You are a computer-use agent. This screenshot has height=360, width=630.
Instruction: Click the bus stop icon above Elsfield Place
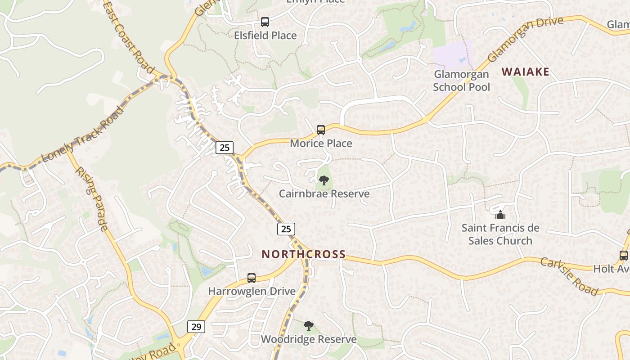265,22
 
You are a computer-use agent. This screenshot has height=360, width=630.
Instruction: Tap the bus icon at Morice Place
321,130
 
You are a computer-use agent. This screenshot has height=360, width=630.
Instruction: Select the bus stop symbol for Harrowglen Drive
252,278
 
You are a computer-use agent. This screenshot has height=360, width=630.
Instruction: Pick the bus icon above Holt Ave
624,256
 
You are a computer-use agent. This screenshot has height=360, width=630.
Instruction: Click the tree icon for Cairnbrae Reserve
324,181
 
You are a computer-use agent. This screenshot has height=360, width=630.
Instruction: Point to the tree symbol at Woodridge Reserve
308,326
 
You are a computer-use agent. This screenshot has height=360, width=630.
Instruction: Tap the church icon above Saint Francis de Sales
500,215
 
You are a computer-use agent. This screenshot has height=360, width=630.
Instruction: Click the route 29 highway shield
196,327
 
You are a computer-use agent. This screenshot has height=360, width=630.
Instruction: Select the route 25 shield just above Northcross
286,229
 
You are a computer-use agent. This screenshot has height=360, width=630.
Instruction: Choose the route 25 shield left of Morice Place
225,147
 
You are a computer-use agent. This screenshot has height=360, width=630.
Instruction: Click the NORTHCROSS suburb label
304,254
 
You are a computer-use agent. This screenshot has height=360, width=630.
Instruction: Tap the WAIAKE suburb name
526,72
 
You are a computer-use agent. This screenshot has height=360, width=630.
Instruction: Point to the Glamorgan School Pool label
461,81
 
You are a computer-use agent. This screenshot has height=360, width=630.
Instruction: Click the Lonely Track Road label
83,135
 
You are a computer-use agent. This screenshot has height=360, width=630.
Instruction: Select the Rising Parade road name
91,198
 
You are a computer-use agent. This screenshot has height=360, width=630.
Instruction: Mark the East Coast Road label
128,37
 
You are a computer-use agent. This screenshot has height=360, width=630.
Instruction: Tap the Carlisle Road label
569,276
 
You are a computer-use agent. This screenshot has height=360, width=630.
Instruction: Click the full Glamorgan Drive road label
525,40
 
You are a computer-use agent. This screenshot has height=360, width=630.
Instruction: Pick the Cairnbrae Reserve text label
324,194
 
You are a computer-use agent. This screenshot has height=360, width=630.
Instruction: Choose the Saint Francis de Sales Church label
500,234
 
